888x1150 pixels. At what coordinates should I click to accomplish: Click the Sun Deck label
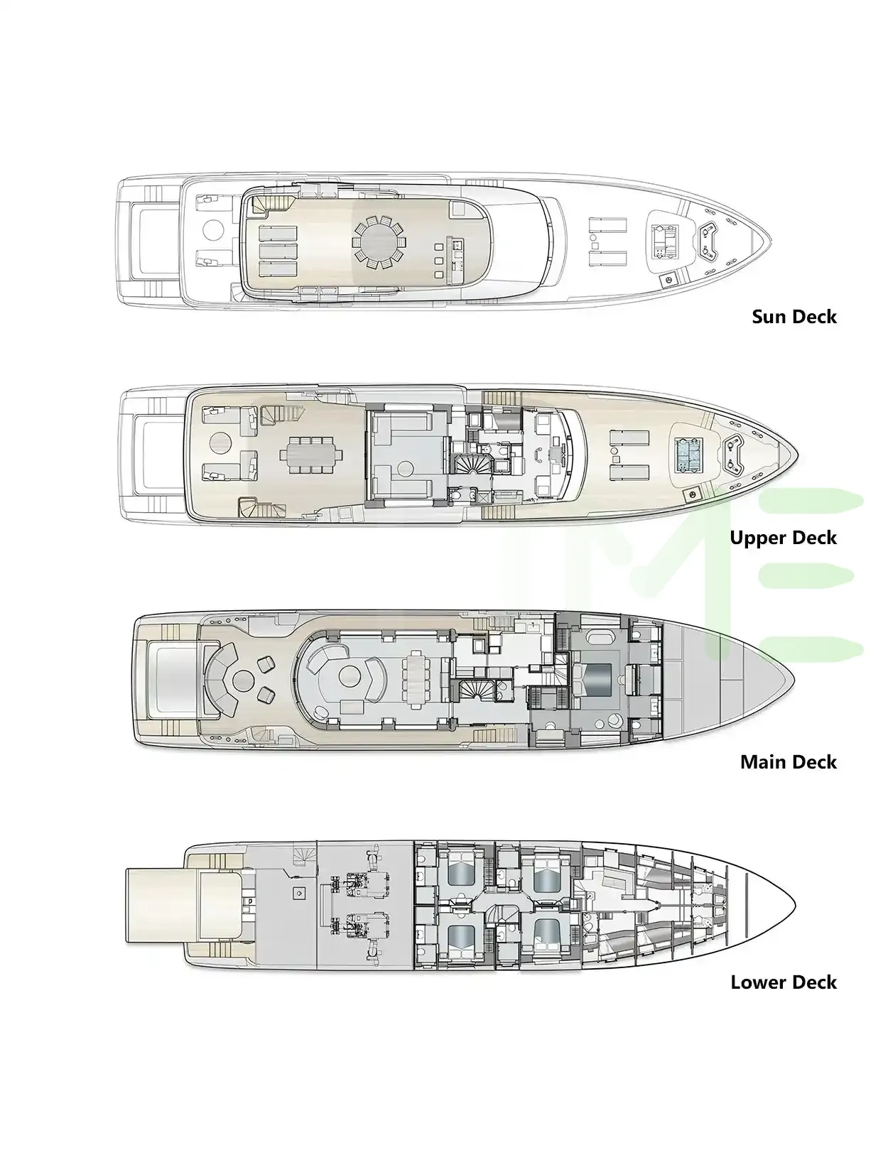tap(794, 317)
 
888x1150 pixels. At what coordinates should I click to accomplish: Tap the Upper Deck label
tap(783, 538)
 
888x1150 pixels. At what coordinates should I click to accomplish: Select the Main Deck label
tap(789, 762)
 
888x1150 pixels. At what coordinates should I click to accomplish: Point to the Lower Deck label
tap(784, 982)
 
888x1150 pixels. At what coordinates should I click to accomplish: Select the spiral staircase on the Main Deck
tap(470, 690)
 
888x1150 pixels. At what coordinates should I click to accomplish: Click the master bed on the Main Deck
tap(597, 680)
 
